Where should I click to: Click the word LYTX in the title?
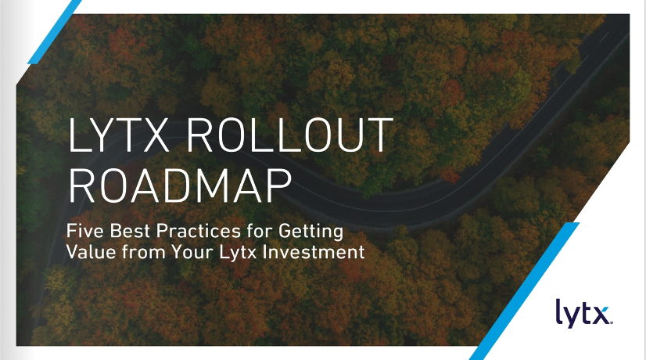pos(119,135)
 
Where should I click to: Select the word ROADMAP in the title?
pos(180,185)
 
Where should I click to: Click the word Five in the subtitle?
pos(85,231)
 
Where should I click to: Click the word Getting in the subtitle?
pos(310,232)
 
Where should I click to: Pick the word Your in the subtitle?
pos(192,251)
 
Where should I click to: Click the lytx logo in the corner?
pos(583,313)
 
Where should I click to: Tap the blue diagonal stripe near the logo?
pos(524,291)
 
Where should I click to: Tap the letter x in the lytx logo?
pos(601,316)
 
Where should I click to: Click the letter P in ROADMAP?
pos(280,185)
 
